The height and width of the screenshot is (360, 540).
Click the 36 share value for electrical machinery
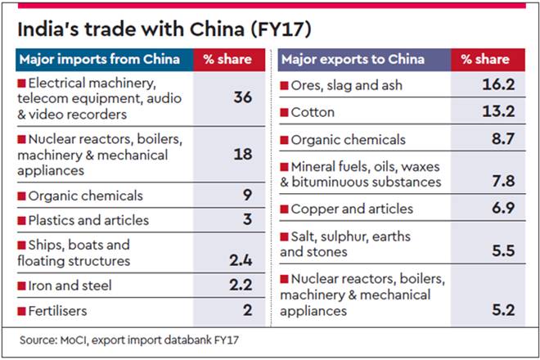pos(241,97)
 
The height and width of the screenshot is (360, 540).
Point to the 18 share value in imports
pos(241,155)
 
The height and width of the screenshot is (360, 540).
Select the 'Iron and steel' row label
pos(70,286)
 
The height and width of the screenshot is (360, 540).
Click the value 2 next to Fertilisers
pos(246,311)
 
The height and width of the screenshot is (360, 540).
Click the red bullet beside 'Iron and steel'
pos(21,286)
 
